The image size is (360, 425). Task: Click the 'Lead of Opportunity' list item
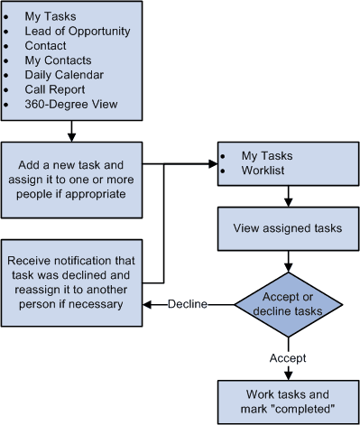click(x=78, y=31)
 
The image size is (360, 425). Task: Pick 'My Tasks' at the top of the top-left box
click(x=51, y=16)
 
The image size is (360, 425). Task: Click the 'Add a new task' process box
click(x=71, y=179)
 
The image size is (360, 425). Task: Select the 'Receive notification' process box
click(x=71, y=279)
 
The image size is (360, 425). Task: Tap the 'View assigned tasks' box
click(x=286, y=228)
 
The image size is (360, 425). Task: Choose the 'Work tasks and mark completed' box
click(x=286, y=402)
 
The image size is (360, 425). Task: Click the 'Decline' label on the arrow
click(x=188, y=304)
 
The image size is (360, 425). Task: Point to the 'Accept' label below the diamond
click(x=288, y=358)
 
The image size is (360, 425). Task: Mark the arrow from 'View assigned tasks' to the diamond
click(x=287, y=261)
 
